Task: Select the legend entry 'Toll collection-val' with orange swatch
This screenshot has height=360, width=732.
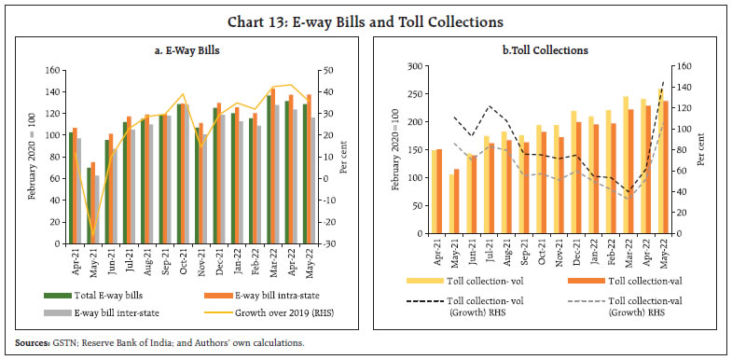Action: click(x=650, y=277)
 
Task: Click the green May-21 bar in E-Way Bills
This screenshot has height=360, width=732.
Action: click(x=90, y=205)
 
